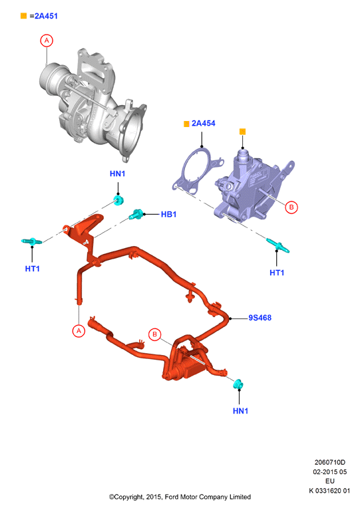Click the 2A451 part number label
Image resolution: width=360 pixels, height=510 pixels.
(46, 16)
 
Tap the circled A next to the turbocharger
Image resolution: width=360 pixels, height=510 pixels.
(47, 41)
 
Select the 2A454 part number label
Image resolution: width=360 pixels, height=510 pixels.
(204, 123)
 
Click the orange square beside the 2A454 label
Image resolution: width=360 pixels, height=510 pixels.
(186, 124)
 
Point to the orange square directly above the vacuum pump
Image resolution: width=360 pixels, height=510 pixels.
(242, 132)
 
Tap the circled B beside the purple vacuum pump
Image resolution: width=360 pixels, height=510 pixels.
(291, 207)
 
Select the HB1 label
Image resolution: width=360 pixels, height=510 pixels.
(168, 214)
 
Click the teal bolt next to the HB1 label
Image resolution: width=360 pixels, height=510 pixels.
(136, 214)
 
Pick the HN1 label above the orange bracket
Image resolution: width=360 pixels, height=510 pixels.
(118, 174)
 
